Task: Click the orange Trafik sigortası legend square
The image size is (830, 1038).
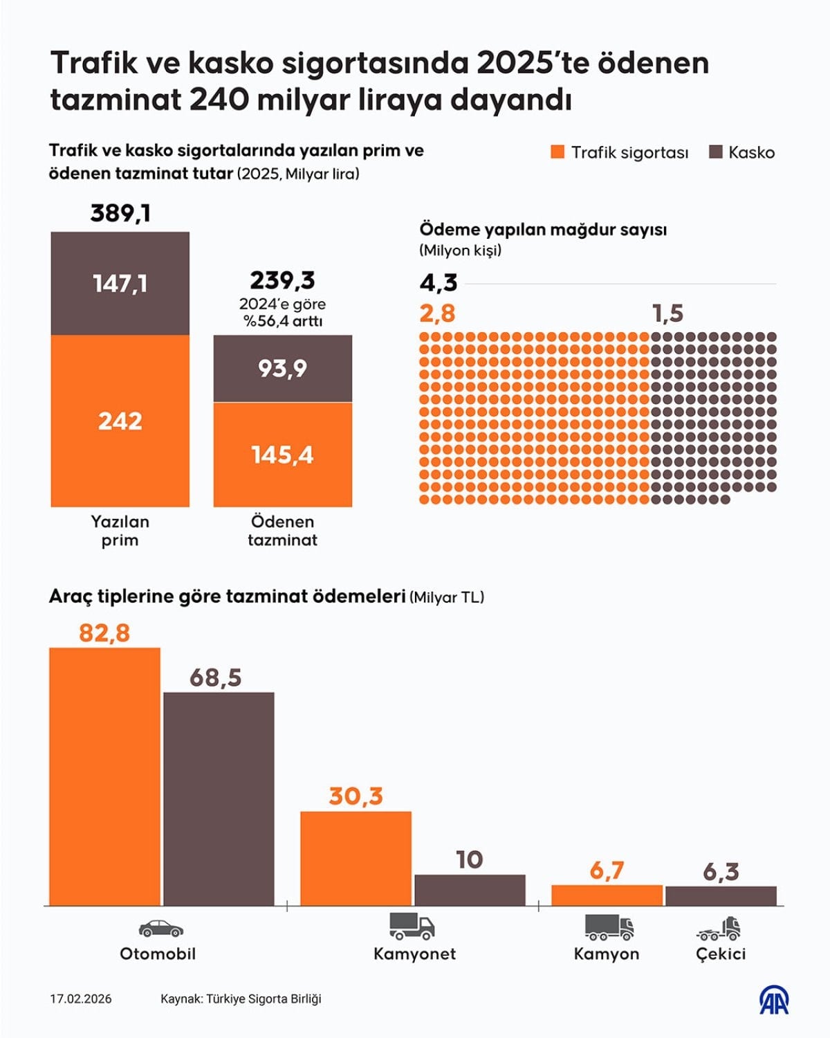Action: click(557, 152)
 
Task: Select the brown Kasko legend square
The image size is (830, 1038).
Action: click(716, 152)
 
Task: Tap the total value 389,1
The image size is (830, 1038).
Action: click(120, 213)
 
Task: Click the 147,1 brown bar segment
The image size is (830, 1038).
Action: click(120, 284)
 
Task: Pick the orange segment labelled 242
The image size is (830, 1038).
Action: click(120, 421)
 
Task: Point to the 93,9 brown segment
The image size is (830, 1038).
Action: click(282, 368)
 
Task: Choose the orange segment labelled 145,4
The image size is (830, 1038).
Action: click(282, 455)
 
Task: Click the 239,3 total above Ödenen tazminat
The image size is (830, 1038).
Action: click(282, 280)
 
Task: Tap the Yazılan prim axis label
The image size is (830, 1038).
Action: click(120, 531)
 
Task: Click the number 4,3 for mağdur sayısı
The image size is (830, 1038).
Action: click(439, 282)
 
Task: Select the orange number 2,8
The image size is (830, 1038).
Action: click(437, 313)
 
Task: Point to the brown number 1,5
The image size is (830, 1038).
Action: click(667, 313)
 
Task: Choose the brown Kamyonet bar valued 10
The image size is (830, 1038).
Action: click(470, 890)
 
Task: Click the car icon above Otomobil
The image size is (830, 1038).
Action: click(160, 928)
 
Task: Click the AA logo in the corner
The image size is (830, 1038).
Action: click(775, 1000)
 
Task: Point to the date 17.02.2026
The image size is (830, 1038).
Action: click(80, 999)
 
